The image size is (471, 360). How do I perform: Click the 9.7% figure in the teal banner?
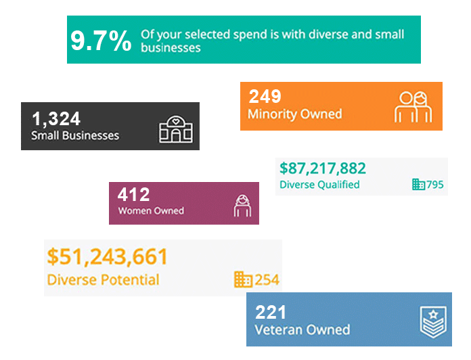click(x=101, y=41)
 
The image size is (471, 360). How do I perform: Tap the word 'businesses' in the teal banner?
click(x=171, y=48)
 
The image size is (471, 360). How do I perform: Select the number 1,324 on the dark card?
click(x=56, y=119)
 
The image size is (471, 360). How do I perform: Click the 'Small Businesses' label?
click(x=75, y=135)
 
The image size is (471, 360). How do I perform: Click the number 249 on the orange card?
click(x=265, y=96)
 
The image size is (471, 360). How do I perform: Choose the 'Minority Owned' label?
click(x=294, y=114)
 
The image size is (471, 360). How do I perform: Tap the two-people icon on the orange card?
click(x=413, y=106)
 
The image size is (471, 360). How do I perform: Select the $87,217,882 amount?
click(x=323, y=168)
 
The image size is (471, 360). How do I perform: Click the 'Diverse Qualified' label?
click(x=319, y=185)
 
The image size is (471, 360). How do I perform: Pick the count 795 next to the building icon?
click(x=435, y=185)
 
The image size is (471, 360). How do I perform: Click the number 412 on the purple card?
click(x=133, y=195)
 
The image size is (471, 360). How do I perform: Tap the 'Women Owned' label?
click(x=151, y=210)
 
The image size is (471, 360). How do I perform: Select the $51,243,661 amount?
click(x=108, y=257)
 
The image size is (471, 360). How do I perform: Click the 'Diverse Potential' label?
click(x=104, y=280)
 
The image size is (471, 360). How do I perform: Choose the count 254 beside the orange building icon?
click(x=267, y=279)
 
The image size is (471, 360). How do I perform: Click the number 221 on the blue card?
click(x=271, y=312)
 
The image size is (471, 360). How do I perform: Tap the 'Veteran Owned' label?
click(x=302, y=330)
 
